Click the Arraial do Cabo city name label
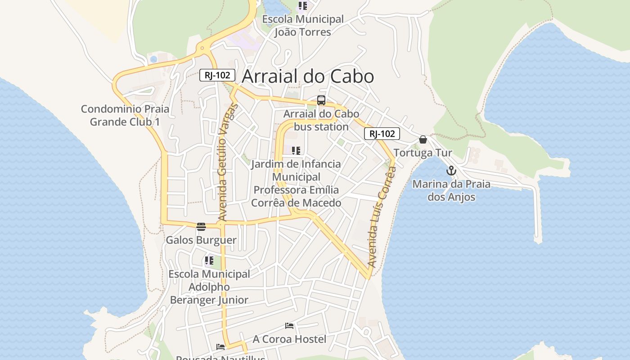coord(308,76)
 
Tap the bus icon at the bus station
coord(321,100)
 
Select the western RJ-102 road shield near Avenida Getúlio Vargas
coord(217,75)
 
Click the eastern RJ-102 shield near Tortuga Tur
coord(382,134)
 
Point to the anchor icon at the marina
coord(451,171)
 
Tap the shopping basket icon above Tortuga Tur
coord(423,139)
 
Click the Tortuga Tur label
coord(423,153)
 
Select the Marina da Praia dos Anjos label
coord(451,190)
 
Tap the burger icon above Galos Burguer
coord(201,226)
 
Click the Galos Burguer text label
coord(201,240)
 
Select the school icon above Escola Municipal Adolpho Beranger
coord(209,261)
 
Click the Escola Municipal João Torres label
coord(303,26)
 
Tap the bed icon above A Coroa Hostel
coord(289,325)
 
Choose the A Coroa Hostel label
coord(289,339)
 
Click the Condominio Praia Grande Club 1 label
coord(125,115)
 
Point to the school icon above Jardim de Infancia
coord(296,151)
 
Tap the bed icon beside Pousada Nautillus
coord(220,347)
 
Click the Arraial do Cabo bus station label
coord(321,120)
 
